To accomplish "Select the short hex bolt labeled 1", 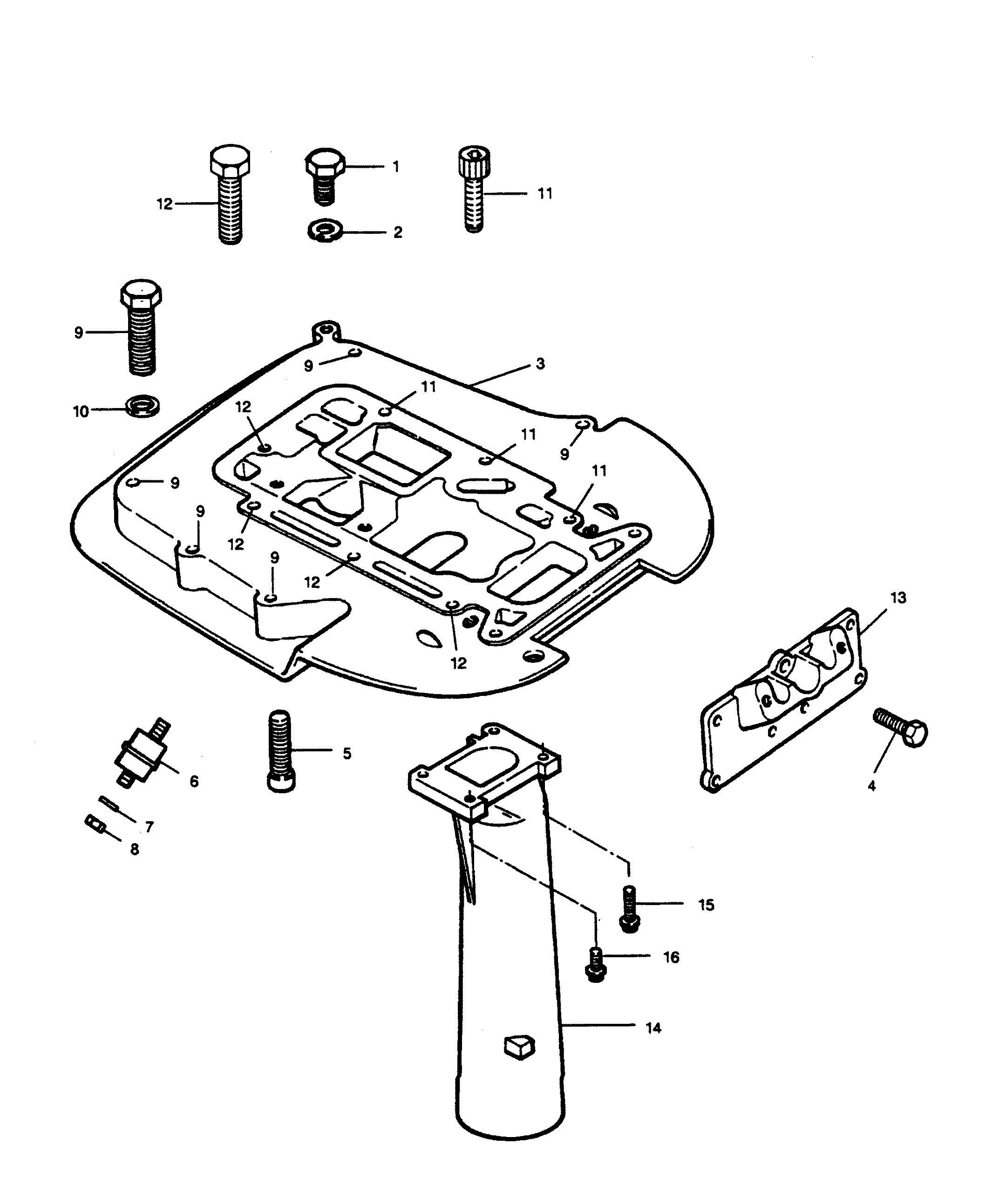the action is point(325,177).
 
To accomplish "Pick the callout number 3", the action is point(540,363).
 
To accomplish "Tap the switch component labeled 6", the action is point(143,754).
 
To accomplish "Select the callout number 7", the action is point(150,826).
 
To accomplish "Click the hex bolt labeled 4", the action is point(900,727).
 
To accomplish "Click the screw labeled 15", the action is point(628,908).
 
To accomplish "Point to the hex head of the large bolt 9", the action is point(141,293).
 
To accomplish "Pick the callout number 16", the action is point(671,957).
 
